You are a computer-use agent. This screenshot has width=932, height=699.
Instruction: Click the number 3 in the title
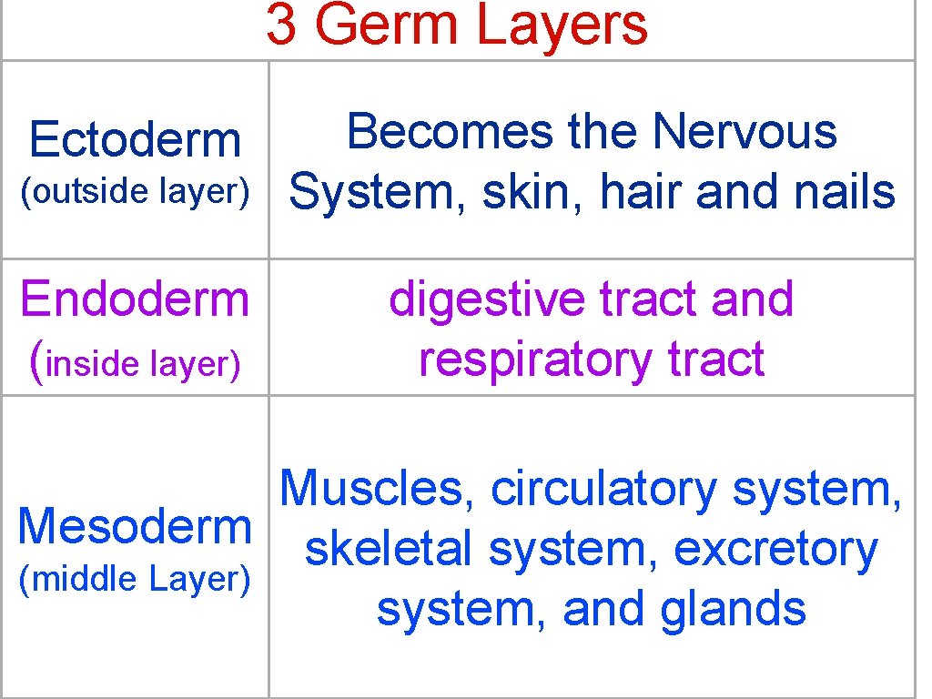click(x=281, y=25)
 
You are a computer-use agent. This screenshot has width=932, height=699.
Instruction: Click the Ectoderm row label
click(x=135, y=140)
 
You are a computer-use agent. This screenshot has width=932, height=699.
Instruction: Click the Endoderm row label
click(x=135, y=299)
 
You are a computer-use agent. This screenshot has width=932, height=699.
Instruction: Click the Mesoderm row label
click(x=135, y=527)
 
